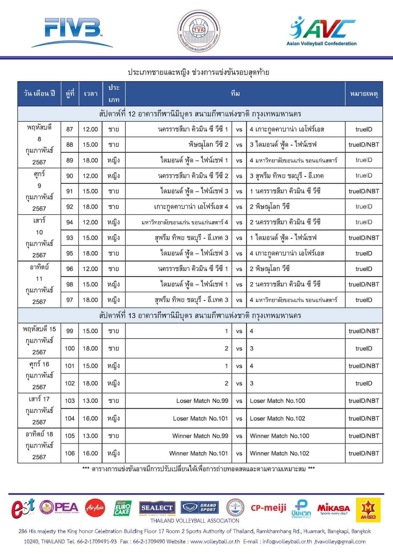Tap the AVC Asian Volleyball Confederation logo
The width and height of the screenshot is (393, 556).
[322, 31]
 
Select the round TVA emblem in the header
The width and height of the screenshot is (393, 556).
[199, 31]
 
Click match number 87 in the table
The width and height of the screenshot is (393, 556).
[70, 129]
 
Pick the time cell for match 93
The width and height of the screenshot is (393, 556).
[90, 238]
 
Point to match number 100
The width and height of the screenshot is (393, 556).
[70, 348]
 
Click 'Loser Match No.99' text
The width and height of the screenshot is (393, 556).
[202, 401]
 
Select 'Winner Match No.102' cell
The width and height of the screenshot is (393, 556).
[279, 453]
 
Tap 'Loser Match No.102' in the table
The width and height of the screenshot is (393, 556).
[277, 418]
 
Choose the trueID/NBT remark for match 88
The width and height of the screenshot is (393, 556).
[364, 144]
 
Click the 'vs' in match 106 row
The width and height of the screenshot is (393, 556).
[239, 453]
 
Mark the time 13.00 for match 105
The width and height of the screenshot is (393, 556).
[90, 436]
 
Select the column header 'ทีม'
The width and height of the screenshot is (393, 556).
[235, 94]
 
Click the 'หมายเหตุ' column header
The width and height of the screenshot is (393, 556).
[364, 94]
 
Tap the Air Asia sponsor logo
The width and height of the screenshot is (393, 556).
[95, 508]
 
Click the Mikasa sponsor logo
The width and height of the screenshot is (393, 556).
[333, 508]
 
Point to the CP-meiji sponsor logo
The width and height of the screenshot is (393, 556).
[269, 508]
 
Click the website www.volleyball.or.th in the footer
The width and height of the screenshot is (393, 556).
[215, 541]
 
